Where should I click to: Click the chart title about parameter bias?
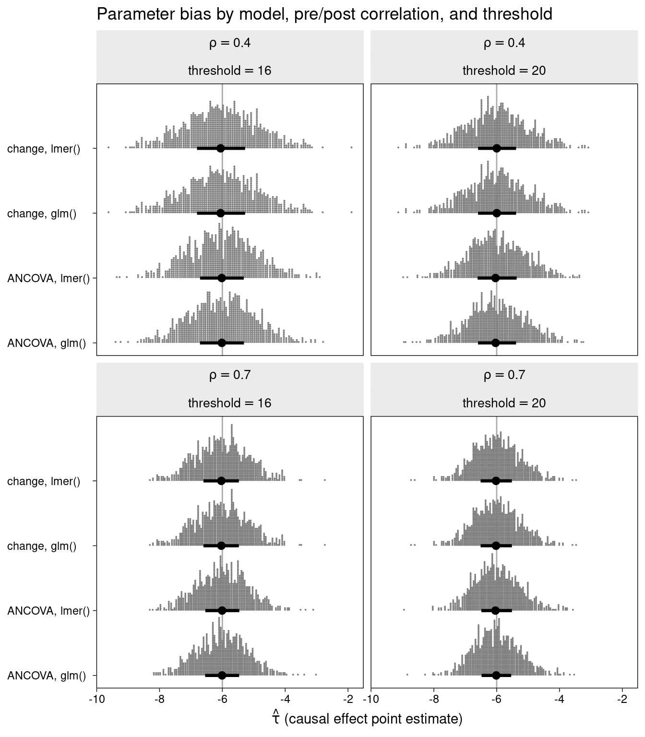pos(324,14)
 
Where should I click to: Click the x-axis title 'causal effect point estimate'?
pos(367,719)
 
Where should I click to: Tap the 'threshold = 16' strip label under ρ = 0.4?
pos(229,71)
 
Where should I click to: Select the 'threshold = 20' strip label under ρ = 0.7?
pos(504,403)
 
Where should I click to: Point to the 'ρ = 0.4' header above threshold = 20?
pos(504,43)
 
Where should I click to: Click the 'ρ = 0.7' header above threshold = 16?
pos(229,375)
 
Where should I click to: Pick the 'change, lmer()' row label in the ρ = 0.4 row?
pos(44,149)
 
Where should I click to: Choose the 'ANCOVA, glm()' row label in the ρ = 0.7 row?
pos(47,676)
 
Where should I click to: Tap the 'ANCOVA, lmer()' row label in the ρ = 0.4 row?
pos(48,278)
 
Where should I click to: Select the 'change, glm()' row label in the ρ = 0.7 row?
pos(42,547)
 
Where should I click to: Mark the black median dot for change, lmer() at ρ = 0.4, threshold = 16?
pos(221,148)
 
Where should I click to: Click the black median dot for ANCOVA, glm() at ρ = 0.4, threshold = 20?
pos(496,343)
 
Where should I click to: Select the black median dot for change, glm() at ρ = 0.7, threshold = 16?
pos(221,546)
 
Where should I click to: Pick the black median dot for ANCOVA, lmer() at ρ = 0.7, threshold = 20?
pos(495,610)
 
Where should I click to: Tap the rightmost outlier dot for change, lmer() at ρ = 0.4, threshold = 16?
pos(352,147)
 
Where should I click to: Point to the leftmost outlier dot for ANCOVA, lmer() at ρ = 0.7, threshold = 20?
pos(404,609)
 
